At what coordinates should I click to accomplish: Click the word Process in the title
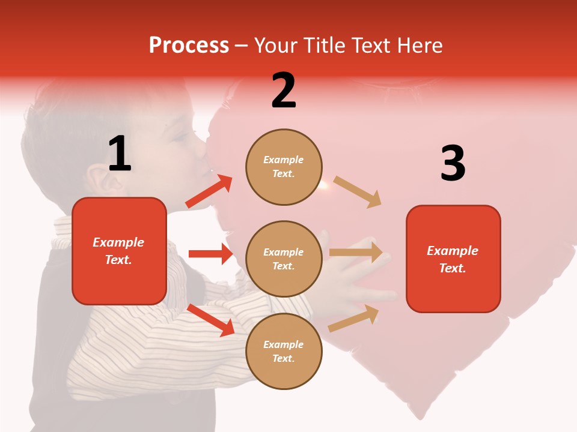189,45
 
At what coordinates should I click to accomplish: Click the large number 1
120,154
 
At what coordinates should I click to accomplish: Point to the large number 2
284,91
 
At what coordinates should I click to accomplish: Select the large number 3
453,164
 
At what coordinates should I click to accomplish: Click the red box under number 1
119,251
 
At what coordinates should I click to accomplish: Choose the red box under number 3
453,259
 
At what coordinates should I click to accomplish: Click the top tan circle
284,167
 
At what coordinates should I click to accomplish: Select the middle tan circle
284,259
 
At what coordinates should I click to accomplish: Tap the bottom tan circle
284,351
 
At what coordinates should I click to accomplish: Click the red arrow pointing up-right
209,191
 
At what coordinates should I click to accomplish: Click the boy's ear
96,177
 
